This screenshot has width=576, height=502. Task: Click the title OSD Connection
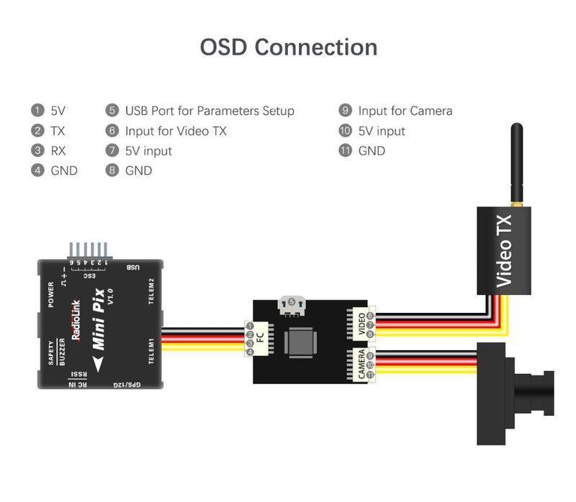point(288,47)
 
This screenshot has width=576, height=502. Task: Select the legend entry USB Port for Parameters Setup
point(210,111)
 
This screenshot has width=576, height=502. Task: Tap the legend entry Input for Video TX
point(176,131)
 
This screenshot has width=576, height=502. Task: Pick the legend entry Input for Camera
point(405,111)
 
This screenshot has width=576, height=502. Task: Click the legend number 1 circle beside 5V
point(37,111)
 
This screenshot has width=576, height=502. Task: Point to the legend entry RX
point(58,151)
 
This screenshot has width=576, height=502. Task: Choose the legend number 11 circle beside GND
point(345,151)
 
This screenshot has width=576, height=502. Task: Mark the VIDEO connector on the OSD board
point(357,324)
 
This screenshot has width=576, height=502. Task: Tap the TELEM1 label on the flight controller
point(152,352)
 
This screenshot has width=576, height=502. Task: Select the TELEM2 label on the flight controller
point(152,291)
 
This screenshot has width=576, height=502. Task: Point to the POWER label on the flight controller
point(51,295)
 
